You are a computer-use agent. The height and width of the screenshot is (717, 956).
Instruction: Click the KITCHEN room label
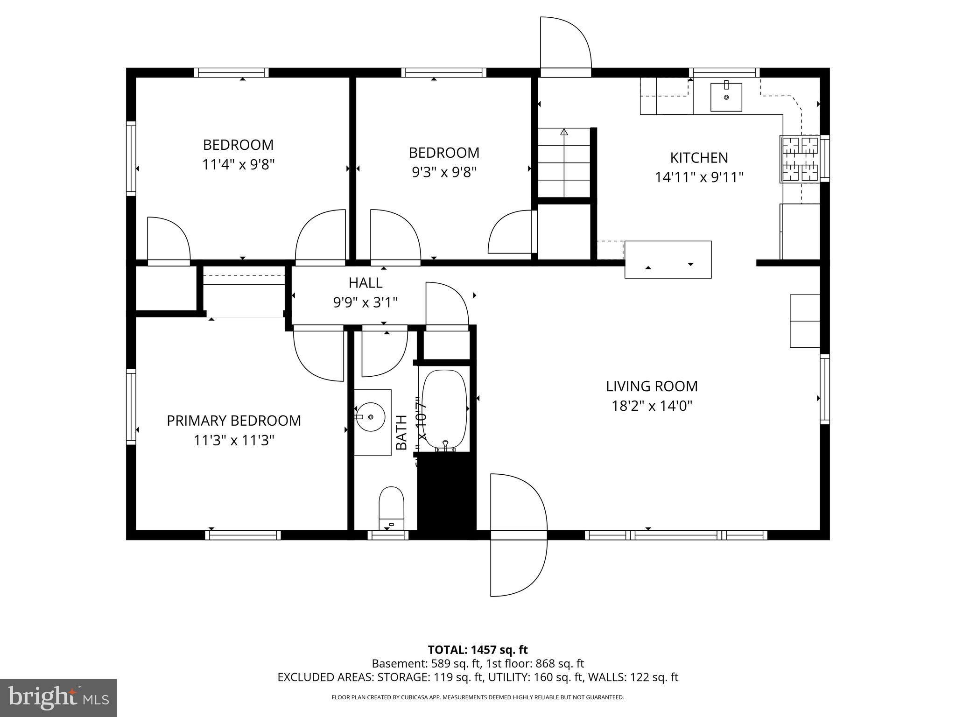point(699,158)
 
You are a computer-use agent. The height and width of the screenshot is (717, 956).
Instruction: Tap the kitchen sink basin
point(726,97)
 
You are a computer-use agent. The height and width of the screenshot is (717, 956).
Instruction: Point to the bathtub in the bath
point(444,409)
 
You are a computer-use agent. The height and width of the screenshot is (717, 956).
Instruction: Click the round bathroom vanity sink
point(370,416)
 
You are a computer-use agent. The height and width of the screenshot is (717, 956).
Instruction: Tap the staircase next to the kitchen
point(564,162)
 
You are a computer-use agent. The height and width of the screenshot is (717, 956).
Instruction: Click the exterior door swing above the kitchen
point(565,44)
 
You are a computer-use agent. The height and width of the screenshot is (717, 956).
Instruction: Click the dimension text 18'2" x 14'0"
point(652,406)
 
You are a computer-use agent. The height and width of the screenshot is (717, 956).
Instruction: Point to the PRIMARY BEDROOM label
point(234,421)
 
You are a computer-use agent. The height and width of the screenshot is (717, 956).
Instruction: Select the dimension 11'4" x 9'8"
point(238,165)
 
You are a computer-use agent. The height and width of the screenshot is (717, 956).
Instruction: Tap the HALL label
point(366,282)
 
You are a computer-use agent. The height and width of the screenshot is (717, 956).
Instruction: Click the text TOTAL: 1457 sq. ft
point(478,650)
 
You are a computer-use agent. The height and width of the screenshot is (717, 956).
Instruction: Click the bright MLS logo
point(58,697)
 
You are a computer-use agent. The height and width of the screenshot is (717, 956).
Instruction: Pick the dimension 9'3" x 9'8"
point(444,173)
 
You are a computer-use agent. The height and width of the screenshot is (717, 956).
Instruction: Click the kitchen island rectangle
point(668,260)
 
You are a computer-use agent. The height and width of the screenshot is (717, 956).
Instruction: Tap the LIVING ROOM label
point(652,386)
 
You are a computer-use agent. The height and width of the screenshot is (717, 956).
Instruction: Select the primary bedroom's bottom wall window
point(243,535)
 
